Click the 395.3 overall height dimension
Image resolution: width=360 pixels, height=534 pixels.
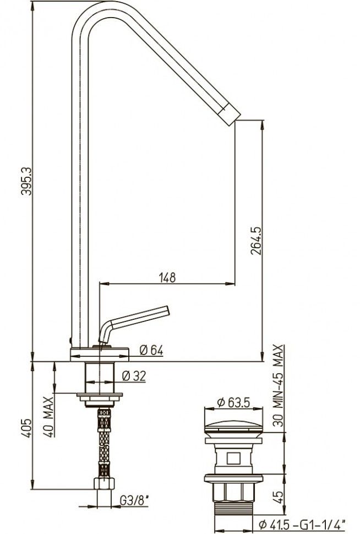26,181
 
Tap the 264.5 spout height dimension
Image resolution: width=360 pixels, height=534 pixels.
256,241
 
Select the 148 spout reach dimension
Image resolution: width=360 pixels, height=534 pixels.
167,277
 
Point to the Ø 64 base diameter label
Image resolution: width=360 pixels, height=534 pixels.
151,350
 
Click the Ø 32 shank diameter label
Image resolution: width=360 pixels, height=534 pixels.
134,375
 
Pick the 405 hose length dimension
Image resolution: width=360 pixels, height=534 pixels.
26,428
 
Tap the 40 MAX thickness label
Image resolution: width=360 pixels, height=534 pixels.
48,417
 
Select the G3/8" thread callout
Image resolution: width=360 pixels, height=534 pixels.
134,500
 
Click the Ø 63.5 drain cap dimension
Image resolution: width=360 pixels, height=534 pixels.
233,402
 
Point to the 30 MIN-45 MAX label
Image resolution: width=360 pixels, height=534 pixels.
279,385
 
